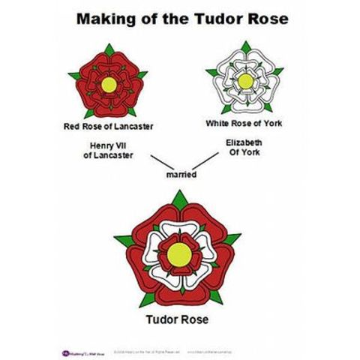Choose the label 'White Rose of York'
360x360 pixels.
tap(244, 121)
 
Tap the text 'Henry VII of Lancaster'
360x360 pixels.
tap(108, 150)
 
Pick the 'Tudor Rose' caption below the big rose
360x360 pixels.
tap(180, 319)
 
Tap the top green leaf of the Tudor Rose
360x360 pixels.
tap(180, 199)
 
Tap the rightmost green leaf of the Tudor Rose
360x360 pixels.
tap(232, 239)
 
